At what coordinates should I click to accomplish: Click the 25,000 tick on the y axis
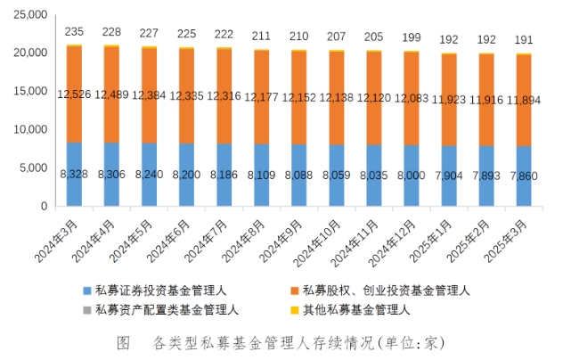(30, 14)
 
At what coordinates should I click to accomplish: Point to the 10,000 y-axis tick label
(30, 129)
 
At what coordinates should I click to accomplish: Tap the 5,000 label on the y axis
(33, 168)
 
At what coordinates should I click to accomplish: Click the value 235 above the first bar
(74, 32)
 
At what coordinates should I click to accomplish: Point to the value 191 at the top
(522, 40)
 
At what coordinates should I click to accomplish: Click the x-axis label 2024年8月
(244, 239)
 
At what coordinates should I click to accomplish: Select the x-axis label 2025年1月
(430, 239)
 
